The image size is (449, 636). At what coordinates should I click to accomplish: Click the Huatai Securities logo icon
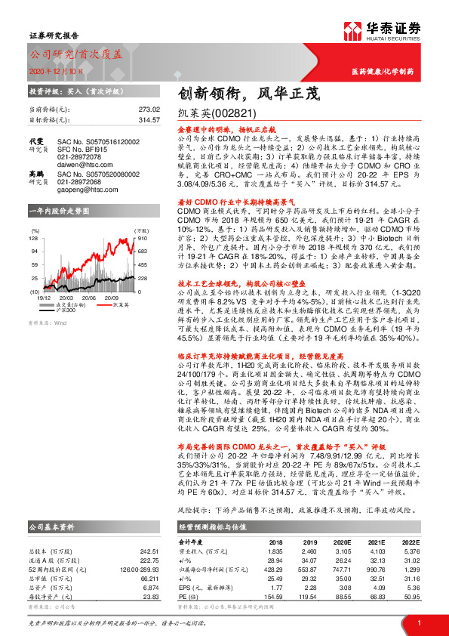(x=351, y=32)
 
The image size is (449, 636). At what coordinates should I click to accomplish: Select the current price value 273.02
(x=150, y=109)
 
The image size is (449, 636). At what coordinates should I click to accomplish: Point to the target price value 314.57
(x=150, y=119)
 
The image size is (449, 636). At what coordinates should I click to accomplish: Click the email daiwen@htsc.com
(x=84, y=162)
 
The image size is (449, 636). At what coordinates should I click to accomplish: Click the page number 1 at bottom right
(x=418, y=623)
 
